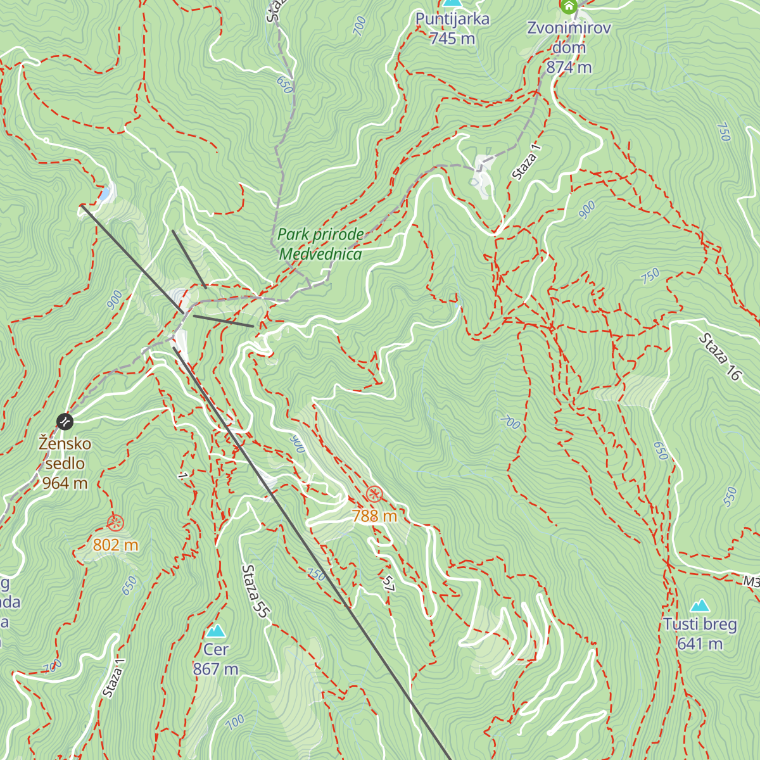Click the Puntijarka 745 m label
click(x=452, y=28)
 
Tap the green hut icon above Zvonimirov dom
click(x=569, y=7)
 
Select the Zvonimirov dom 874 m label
click(x=569, y=47)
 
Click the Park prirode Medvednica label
click(x=320, y=244)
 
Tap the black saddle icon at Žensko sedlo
click(x=65, y=421)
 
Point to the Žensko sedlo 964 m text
click(x=65, y=464)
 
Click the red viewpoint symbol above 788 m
click(x=374, y=494)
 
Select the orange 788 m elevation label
click(x=374, y=516)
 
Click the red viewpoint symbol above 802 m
click(x=115, y=523)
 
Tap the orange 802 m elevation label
click(x=115, y=545)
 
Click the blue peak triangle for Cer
click(x=216, y=631)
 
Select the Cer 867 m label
click(x=216, y=659)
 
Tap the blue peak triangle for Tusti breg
click(x=700, y=606)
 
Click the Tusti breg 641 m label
click(x=700, y=634)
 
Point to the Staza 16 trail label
click(x=719, y=357)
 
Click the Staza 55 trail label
click(x=256, y=591)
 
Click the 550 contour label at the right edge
click(x=730, y=497)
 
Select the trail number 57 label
click(x=388, y=584)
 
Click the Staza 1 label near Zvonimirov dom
click(x=526, y=162)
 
